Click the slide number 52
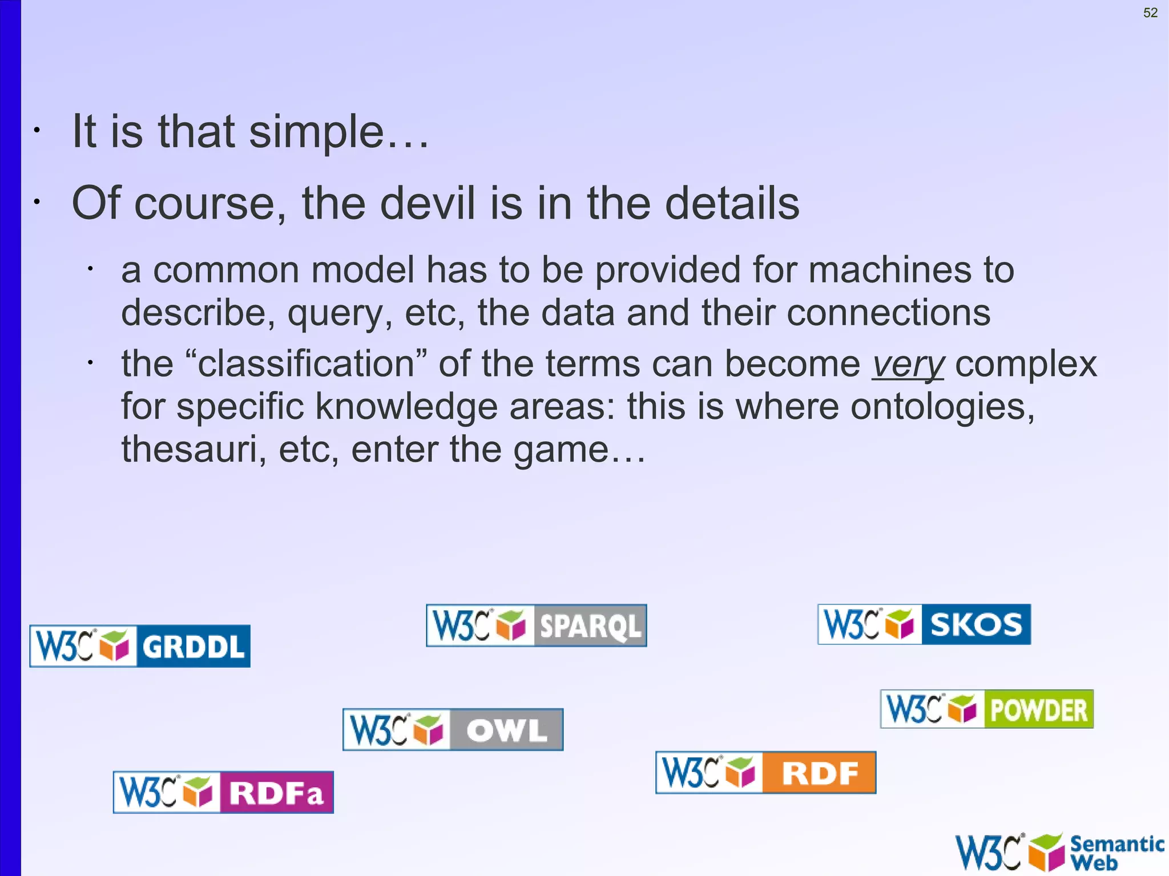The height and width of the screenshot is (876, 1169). pos(1150,13)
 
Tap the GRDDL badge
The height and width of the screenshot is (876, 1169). pos(140,646)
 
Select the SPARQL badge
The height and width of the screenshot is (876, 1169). pos(536,625)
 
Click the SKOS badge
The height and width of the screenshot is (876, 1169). pos(924,624)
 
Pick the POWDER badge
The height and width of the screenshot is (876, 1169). pos(987,709)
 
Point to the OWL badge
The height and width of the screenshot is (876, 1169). pos(453,729)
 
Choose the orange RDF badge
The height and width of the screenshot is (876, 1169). pos(765,773)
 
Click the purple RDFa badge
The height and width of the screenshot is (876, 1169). pos(223,792)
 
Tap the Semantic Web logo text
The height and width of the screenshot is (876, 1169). pos(1116,853)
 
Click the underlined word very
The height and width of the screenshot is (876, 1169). pos(908,364)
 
